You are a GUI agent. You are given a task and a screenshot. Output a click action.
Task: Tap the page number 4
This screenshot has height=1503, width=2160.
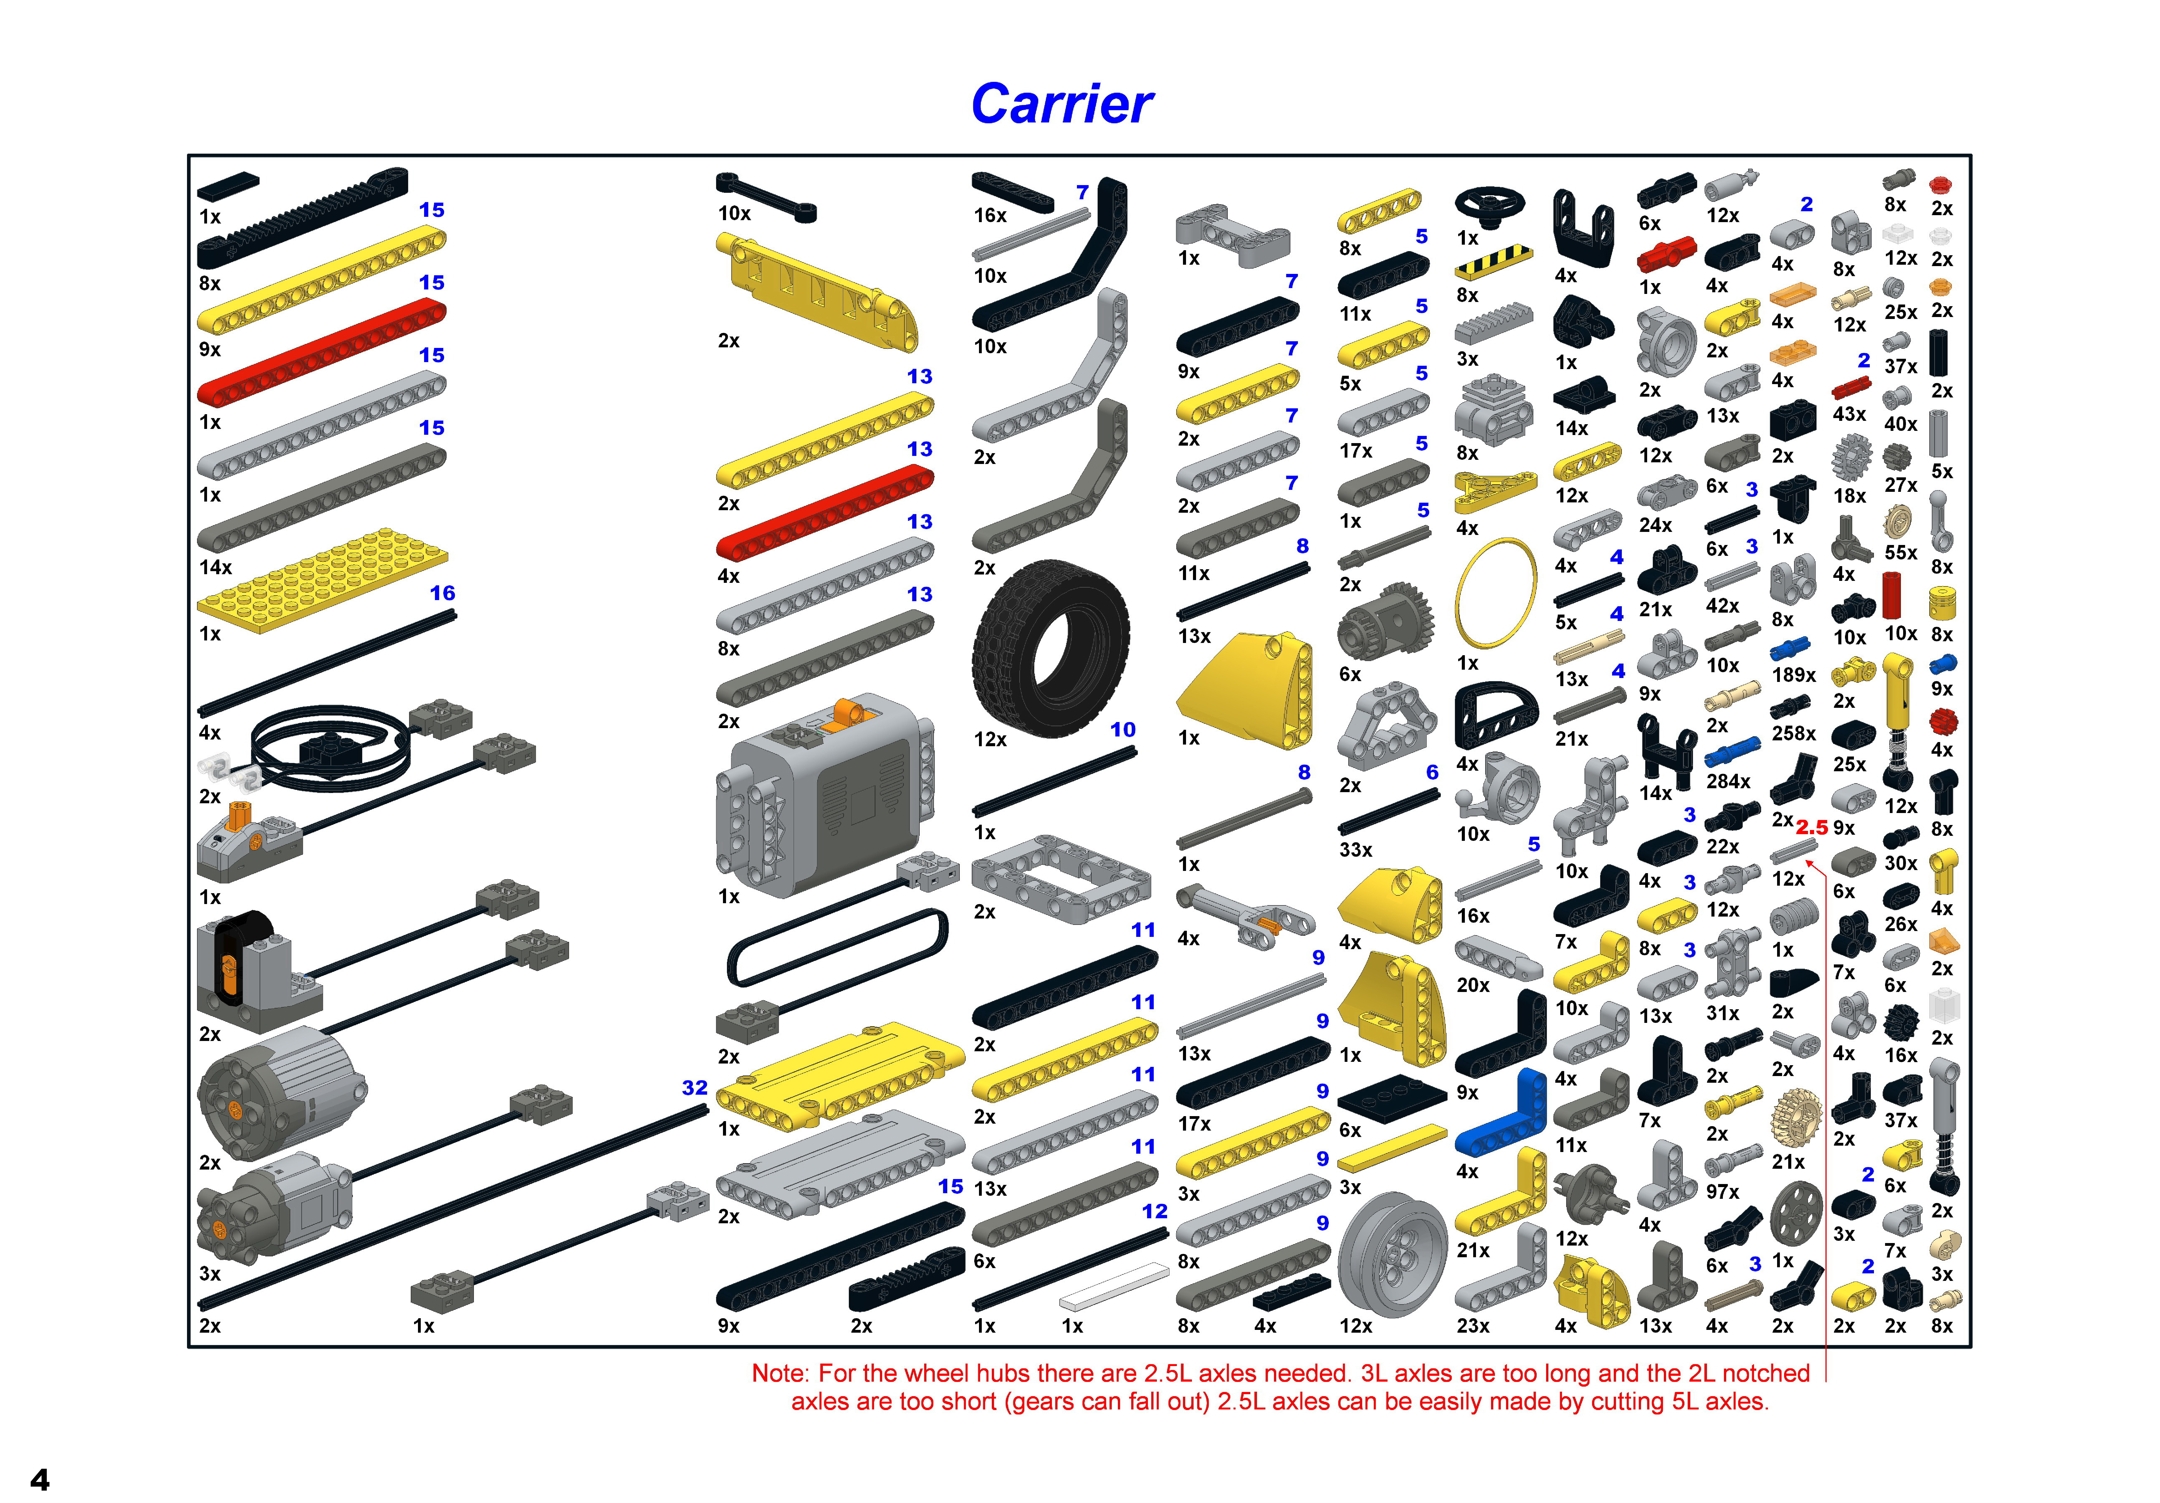(40, 1479)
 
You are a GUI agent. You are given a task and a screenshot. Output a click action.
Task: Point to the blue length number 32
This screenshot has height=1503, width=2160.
(694, 1088)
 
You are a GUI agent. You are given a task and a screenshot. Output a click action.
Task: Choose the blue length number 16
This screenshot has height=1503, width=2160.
(442, 593)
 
